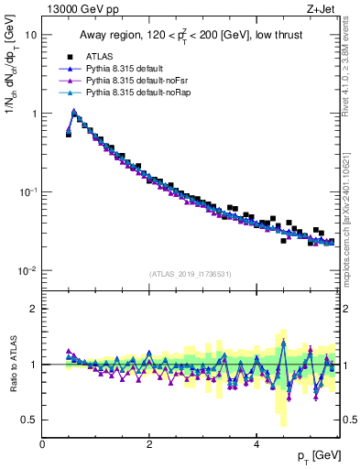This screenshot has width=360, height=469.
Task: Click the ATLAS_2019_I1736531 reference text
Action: click(x=191, y=273)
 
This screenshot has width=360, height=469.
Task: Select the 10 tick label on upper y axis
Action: click(x=31, y=35)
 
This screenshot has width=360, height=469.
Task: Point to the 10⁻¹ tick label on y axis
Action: click(x=28, y=192)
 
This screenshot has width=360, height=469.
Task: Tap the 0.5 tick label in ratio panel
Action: click(x=28, y=420)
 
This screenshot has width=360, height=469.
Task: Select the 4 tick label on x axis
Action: click(x=257, y=444)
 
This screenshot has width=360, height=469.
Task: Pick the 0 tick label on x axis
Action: click(x=42, y=444)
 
